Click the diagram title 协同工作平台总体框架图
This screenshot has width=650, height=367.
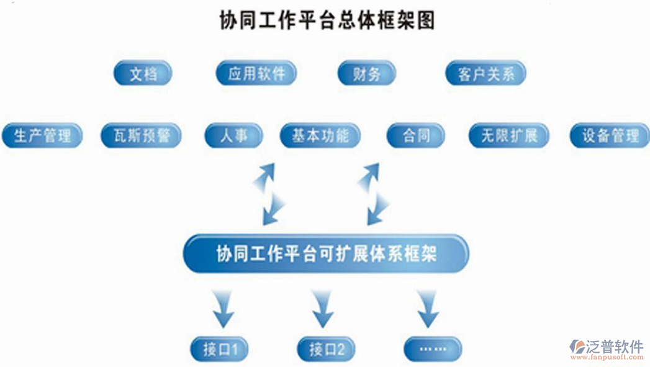[x=327, y=20]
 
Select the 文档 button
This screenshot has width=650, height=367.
[x=142, y=73]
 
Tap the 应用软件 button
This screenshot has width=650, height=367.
[x=256, y=73]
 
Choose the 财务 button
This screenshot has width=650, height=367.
[x=366, y=73]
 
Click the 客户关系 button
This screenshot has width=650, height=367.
[x=485, y=74]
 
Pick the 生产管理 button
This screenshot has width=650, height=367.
[x=42, y=135]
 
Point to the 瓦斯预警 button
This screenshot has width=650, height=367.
[x=140, y=135]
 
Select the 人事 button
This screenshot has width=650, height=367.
[x=233, y=135]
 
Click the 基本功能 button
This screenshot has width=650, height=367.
[x=320, y=135]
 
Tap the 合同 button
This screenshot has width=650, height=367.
[x=415, y=135]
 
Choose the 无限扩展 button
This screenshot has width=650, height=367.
[x=508, y=135]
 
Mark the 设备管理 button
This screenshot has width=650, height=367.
[x=610, y=135]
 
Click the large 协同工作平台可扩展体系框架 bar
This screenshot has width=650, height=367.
[x=326, y=254]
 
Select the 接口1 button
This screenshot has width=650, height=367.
[x=219, y=350]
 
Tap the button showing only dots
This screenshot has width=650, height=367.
[x=432, y=349]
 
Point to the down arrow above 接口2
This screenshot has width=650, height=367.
[x=322, y=310]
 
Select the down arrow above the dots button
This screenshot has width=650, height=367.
[x=427, y=310]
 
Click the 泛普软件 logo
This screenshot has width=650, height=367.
[x=607, y=350]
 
